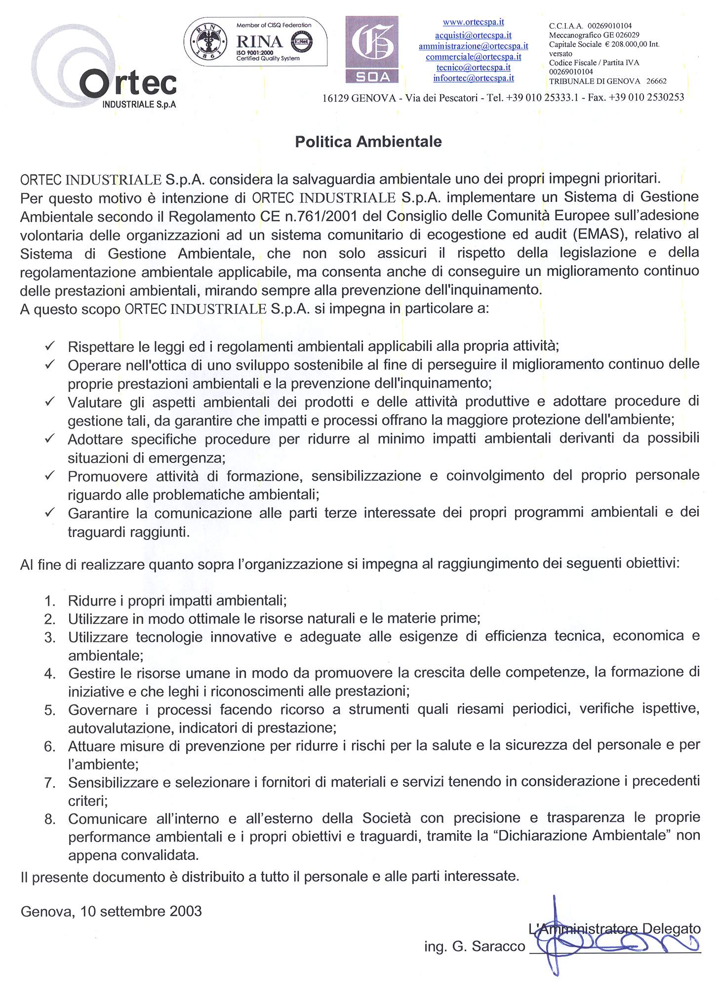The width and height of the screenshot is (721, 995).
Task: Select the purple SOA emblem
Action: pyautogui.click(x=371, y=49)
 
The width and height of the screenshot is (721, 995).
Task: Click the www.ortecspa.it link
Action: pyautogui.click(x=473, y=23)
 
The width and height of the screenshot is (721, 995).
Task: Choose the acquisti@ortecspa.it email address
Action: pyautogui.click(x=473, y=36)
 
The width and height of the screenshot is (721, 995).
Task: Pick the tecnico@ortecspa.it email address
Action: pyautogui.click(x=473, y=68)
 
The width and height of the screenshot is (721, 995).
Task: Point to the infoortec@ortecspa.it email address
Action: pyautogui.click(x=473, y=78)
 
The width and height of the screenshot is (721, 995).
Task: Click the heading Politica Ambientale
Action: pyautogui.click(x=368, y=142)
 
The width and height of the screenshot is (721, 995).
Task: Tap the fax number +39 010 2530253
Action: pyautogui.click(x=646, y=97)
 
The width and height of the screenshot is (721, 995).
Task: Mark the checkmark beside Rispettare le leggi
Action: pyautogui.click(x=50, y=346)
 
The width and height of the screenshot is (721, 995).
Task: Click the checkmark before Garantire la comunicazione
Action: pyautogui.click(x=50, y=512)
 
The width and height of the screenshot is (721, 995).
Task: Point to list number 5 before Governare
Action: pyautogui.click(x=49, y=710)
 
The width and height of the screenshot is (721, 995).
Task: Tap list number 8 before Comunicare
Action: pyautogui.click(x=49, y=819)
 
